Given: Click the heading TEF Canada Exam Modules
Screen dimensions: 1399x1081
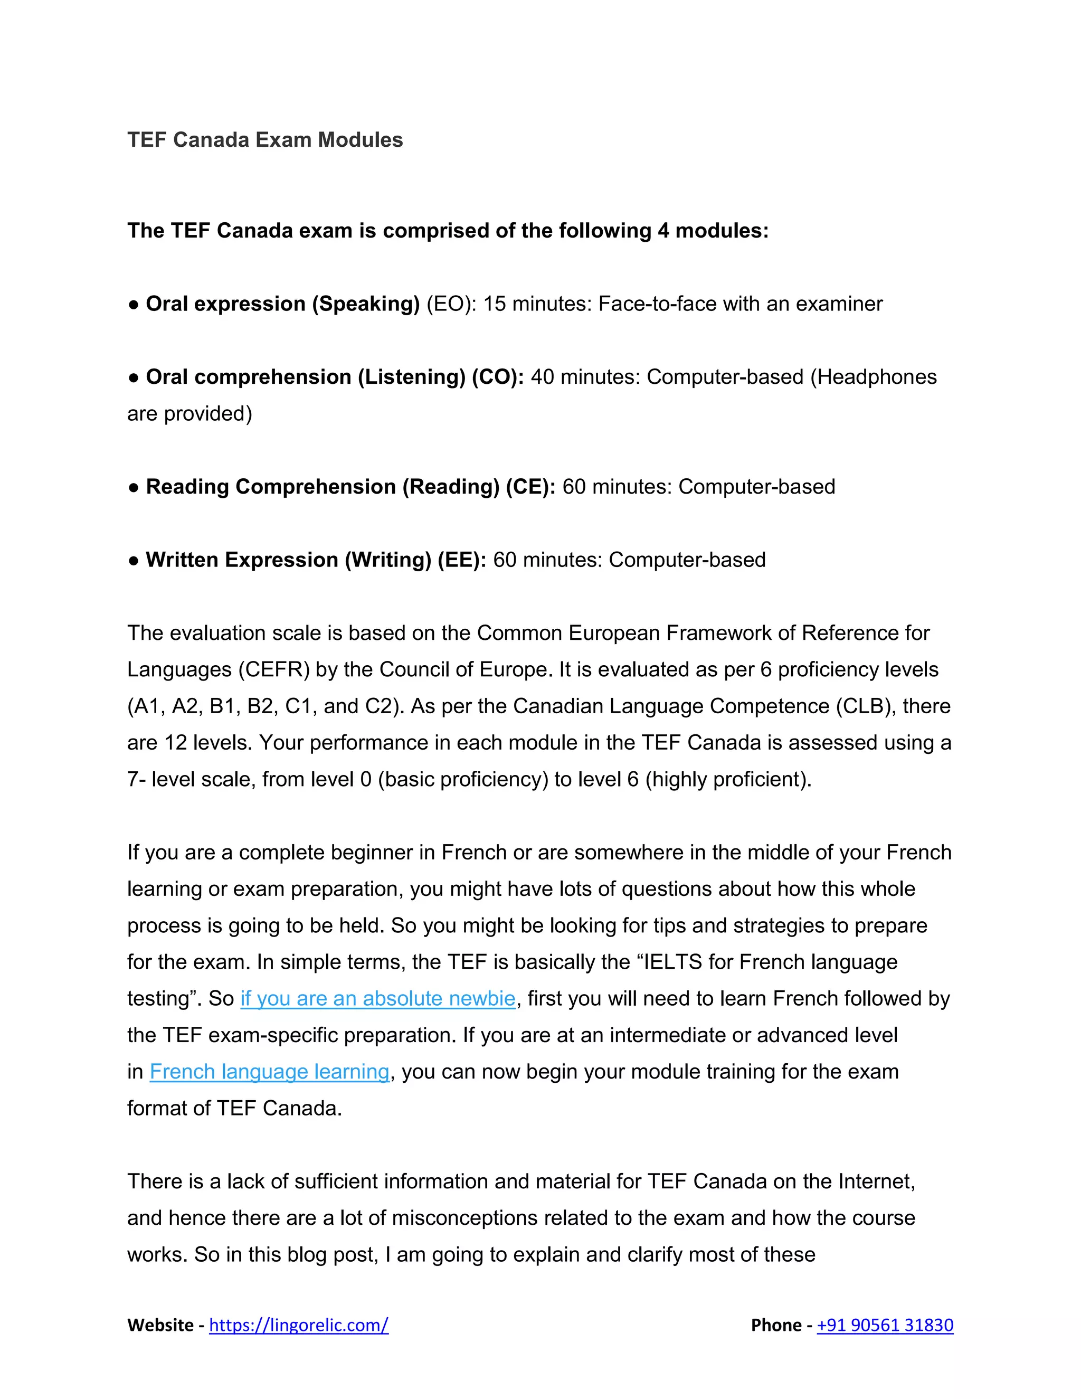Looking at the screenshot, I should click(x=264, y=140).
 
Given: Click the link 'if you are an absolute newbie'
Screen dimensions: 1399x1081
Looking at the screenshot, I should click(x=378, y=999).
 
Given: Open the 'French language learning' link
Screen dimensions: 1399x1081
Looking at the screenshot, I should click(x=269, y=1072).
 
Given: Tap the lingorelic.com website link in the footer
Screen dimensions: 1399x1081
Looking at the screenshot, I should click(x=298, y=1325).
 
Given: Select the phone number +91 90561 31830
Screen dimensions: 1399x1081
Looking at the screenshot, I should click(x=885, y=1325).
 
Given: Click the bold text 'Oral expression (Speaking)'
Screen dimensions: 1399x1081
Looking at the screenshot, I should click(x=282, y=304).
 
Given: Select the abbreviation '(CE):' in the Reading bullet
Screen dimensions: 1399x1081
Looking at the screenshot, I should click(x=530, y=487).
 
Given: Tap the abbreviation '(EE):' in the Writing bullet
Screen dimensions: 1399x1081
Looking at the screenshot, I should click(x=462, y=560).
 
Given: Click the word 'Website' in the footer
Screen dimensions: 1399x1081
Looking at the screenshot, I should click(x=160, y=1325).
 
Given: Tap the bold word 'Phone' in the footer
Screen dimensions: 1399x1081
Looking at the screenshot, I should click(x=776, y=1325).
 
